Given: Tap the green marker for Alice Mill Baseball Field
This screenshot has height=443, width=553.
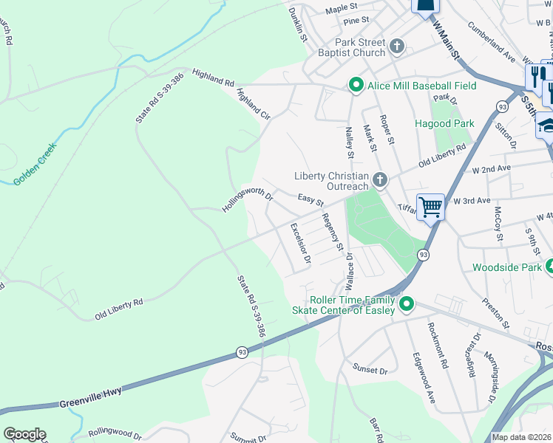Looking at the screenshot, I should coord(356,86).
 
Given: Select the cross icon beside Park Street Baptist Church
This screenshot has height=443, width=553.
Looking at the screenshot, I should coord(397,47).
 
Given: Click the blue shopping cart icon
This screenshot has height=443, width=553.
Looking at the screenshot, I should coord(430,206).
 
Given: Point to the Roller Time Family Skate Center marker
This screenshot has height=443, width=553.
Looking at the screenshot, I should coord(406,303).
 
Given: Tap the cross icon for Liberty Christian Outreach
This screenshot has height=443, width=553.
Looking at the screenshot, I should coord(379,179).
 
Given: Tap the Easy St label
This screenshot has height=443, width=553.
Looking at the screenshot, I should coord(311,200).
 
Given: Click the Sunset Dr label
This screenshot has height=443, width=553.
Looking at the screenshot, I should coord(370,369).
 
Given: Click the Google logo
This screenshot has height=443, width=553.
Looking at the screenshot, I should coord(24,434).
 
